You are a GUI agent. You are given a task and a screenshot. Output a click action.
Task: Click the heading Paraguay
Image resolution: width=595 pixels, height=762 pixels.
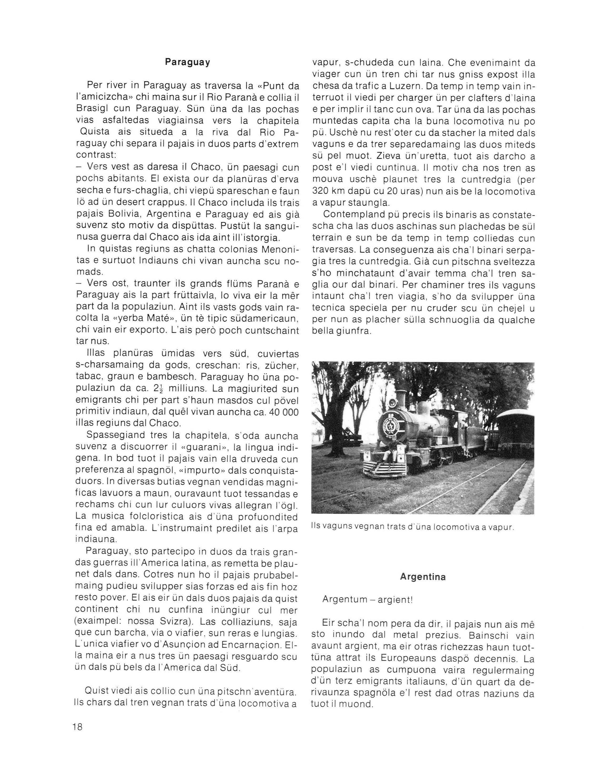[187, 62]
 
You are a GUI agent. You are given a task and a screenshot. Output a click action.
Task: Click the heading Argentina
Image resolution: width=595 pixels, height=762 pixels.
[423, 577]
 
